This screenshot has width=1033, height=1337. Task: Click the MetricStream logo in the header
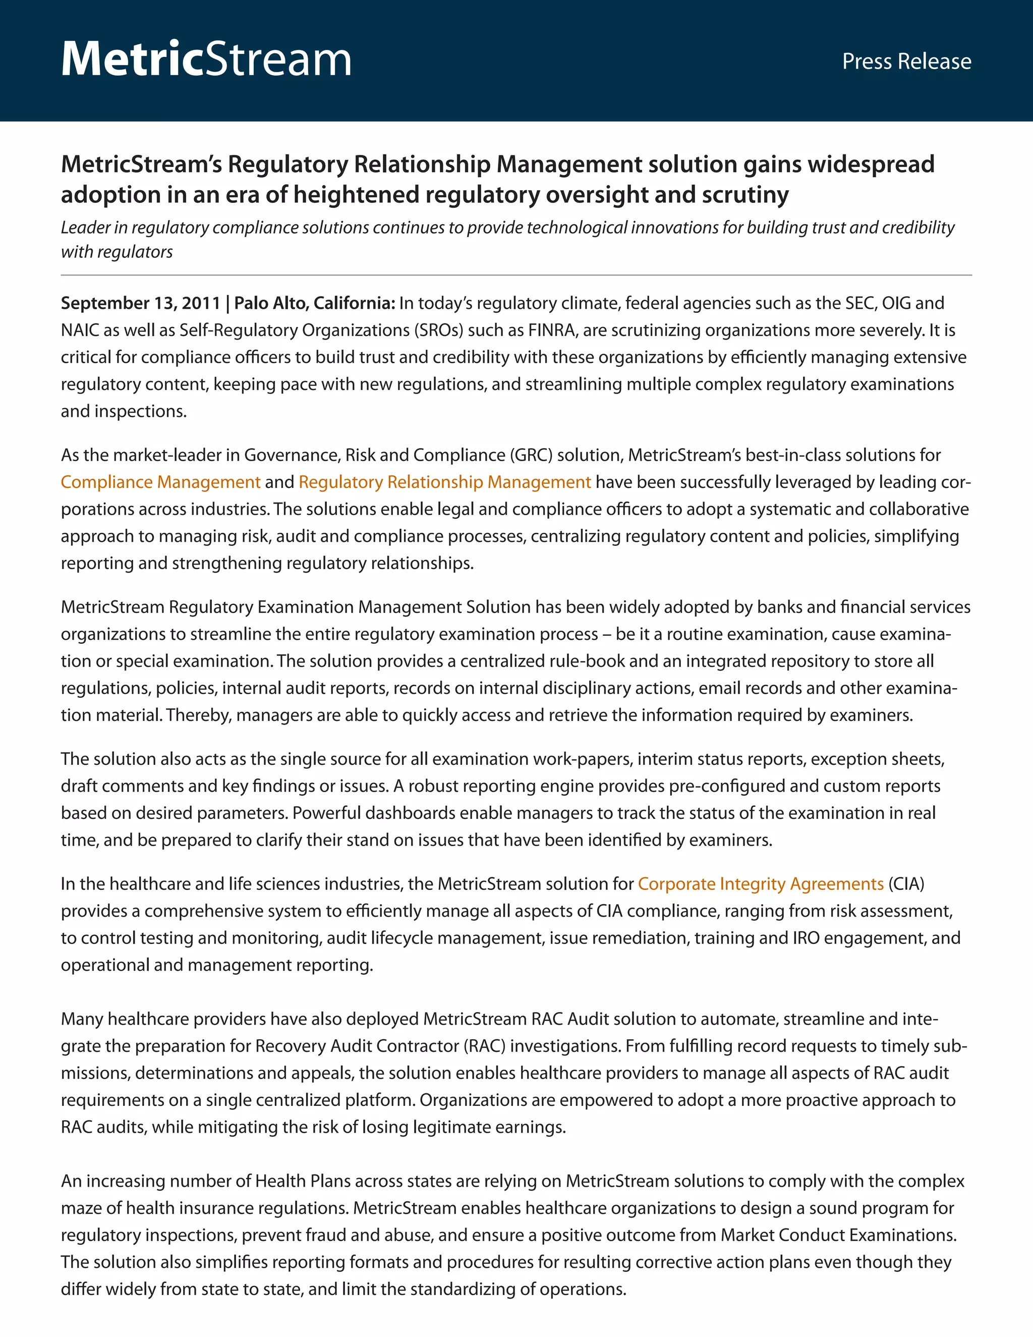(206, 60)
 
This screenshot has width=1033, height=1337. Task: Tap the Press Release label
(906, 61)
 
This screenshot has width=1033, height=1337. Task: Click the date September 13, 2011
(140, 303)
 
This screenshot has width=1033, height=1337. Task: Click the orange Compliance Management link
(160, 482)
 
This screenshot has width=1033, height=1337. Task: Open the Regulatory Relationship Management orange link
(444, 482)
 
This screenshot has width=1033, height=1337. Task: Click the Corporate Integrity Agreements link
(760, 883)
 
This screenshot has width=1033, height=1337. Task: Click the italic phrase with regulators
(117, 252)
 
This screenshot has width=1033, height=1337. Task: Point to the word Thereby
(198, 714)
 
